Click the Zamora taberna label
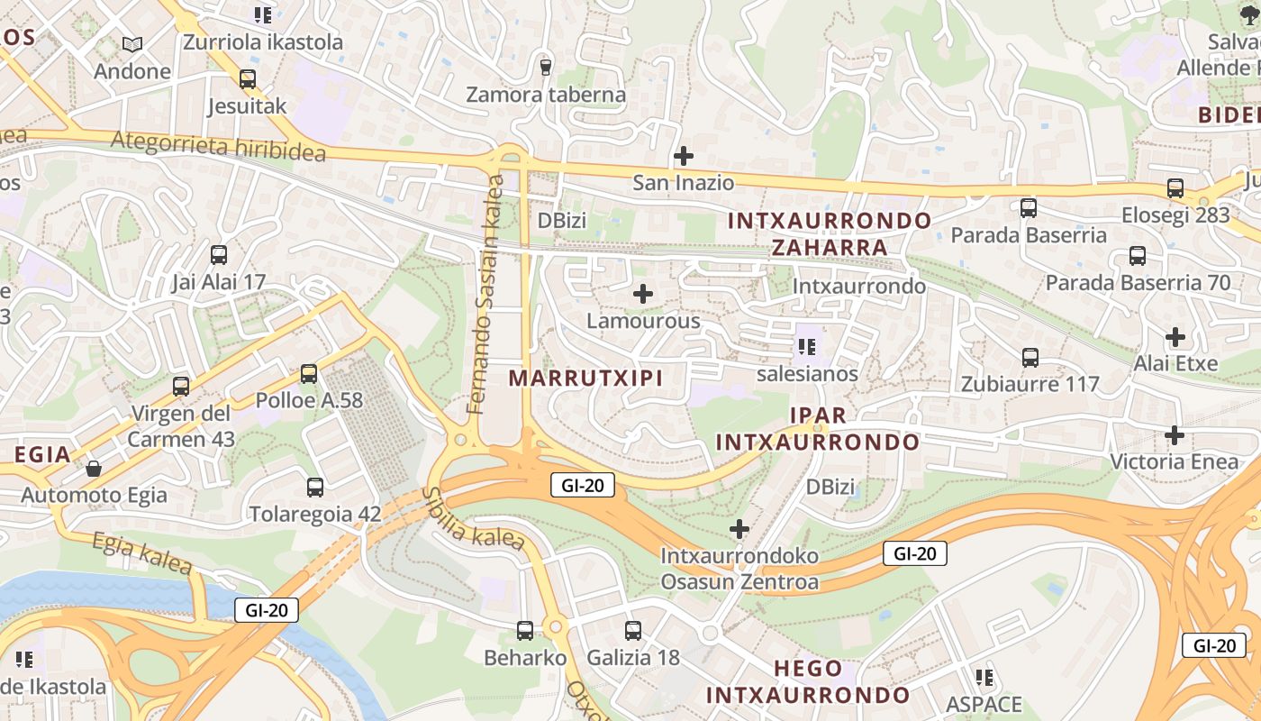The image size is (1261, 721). click(546, 95)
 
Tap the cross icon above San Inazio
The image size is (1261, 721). click(684, 156)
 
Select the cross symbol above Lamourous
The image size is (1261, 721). click(643, 294)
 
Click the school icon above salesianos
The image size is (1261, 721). click(806, 346)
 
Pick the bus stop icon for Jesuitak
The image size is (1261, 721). click(248, 79)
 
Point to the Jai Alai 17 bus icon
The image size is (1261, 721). click(219, 255)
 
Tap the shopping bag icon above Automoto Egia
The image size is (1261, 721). click(94, 469)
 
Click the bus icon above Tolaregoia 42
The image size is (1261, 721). click(314, 488)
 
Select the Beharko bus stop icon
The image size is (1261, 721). click(525, 631)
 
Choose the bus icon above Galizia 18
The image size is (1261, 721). click(633, 631)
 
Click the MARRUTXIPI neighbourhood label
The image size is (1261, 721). click(585, 378)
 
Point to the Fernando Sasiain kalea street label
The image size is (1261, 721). click(485, 295)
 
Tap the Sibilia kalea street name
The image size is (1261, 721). click(472, 520)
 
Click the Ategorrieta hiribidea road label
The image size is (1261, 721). click(218, 146)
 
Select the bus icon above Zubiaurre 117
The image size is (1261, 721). click(1030, 358)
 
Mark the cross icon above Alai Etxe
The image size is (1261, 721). click(1175, 337)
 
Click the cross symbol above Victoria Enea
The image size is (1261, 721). click(1175, 435)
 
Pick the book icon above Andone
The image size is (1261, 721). click(132, 44)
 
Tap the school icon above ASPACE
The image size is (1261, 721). click(984, 677)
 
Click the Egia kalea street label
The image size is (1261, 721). click(142, 552)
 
